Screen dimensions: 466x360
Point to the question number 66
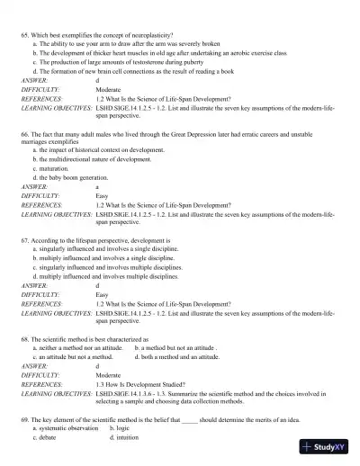23,132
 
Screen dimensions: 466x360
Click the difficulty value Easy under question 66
102,195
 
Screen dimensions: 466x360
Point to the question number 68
23,339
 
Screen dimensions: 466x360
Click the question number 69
23,420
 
